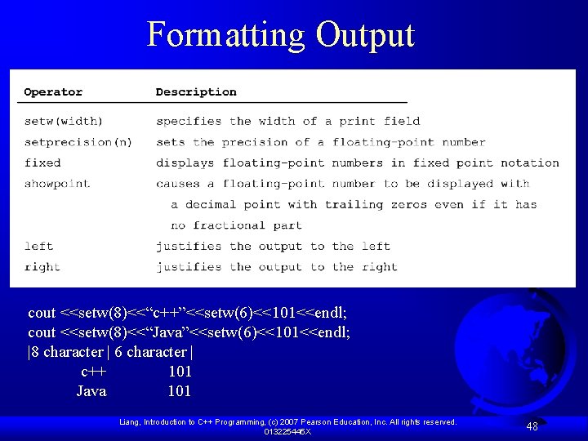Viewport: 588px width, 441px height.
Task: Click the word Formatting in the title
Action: (225, 35)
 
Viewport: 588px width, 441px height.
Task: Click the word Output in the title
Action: (365, 35)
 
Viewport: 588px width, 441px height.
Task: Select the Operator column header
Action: (53, 92)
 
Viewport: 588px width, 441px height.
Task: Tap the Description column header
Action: (196, 92)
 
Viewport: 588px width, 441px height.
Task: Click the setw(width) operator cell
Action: (64, 121)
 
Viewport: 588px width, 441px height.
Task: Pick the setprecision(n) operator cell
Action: (78, 142)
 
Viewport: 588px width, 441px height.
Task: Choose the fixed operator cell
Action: (42, 163)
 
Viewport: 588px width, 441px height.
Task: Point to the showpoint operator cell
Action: (57, 184)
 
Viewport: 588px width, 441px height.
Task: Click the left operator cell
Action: (38, 246)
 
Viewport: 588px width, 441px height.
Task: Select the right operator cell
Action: (42, 267)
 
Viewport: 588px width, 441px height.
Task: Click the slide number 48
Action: (532, 426)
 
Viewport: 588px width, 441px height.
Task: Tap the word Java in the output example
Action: (91, 391)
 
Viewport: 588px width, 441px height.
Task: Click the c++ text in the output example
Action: (93, 372)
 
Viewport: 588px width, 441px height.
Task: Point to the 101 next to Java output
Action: (179, 391)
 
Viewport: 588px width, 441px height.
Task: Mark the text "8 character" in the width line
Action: (68, 352)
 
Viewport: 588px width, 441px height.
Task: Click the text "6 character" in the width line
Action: (150, 352)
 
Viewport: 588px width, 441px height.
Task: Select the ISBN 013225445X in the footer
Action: (287, 431)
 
